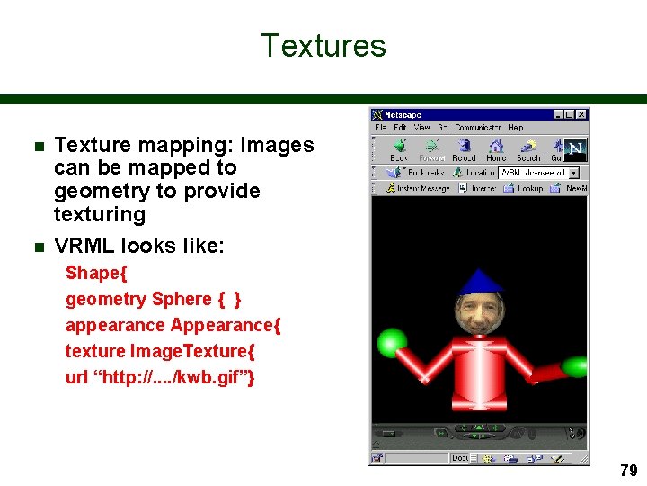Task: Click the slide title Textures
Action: click(323, 46)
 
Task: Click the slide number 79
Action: click(628, 470)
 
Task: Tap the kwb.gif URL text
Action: click(160, 377)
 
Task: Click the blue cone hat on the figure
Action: click(478, 282)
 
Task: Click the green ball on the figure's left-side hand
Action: click(391, 342)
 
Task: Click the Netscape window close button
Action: click(582, 115)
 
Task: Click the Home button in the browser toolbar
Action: click(496, 149)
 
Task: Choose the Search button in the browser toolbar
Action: click(528, 149)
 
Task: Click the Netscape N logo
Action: click(573, 148)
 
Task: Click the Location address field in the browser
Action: click(535, 172)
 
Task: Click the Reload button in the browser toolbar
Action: click(464, 149)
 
